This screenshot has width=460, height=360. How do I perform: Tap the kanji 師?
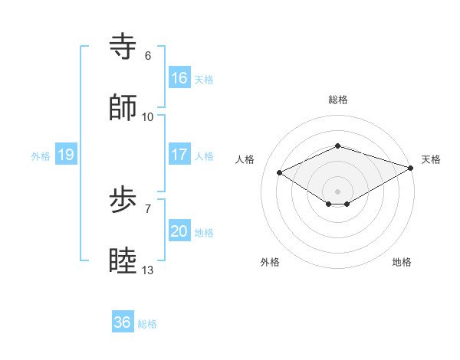[123, 108]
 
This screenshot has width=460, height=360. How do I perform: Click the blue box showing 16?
[179, 78]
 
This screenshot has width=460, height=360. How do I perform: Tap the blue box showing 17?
[179, 155]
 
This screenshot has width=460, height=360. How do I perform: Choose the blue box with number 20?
[179, 232]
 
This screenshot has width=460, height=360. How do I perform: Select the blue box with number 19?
[66, 155]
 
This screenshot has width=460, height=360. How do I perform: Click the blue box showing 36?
[123, 323]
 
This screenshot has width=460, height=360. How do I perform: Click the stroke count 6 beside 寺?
[148, 56]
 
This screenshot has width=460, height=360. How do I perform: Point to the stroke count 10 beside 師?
[148, 117]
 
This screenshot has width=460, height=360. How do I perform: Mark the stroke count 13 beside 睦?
[148, 270]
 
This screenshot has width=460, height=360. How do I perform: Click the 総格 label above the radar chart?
[337, 100]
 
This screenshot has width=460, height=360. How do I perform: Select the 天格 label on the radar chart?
[431, 159]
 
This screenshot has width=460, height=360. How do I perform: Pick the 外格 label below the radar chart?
[270, 263]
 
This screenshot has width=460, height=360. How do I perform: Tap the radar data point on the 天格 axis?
[412, 168]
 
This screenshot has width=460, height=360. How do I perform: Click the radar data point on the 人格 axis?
[280, 172]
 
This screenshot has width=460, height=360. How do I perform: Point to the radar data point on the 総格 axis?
[337, 146]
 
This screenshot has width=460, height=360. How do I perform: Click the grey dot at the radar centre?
[337, 191]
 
